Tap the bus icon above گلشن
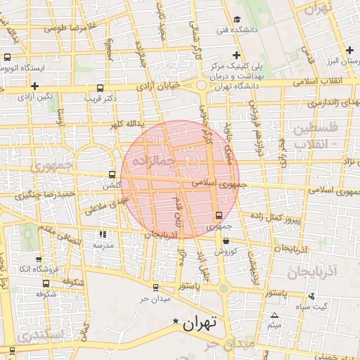[112, 174]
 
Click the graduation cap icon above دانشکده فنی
[238, 19]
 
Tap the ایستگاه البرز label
[342, 62]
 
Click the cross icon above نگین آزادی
[34, 86]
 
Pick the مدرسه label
[103, 245]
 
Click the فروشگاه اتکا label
[34, 269]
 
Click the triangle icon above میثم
[274, 315]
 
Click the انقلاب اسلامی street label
[329, 82]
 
